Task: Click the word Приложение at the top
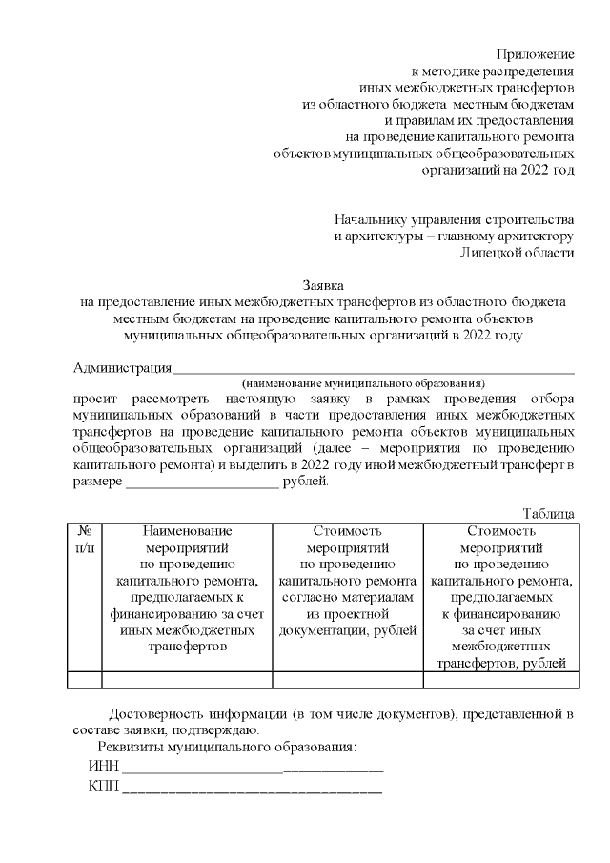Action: pyautogui.click(x=537, y=54)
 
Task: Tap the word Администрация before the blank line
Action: pyautogui.click(x=123, y=368)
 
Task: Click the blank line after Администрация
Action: pyautogui.click(x=373, y=371)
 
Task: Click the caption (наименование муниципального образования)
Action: pyautogui.click(x=363, y=382)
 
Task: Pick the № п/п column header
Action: pyautogui.click(x=85, y=540)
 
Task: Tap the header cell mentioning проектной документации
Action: pyautogui.click(x=349, y=582)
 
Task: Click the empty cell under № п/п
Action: pyautogui.click(x=85, y=680)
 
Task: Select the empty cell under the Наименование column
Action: pyautogui.click(x=188, y=680)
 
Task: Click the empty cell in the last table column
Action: pyautogui.click(x=501, y=680)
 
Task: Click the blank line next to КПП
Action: pyautogui.click(x=253, y=791)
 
